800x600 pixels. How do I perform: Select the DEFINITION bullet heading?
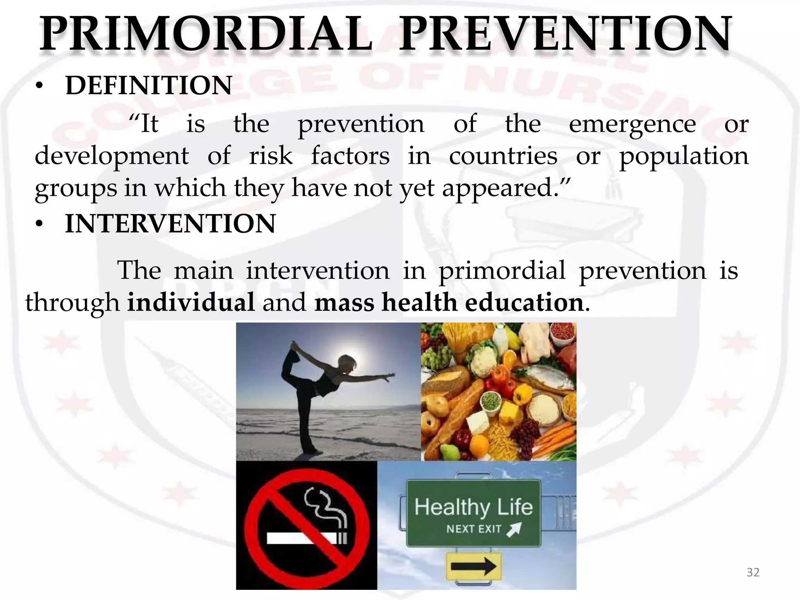(149, 86)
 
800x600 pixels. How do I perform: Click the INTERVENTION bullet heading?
(170, 224)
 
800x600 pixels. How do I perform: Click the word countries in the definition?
(503, 156)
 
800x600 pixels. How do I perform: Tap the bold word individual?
(191, 303)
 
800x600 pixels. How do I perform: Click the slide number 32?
(753, 573)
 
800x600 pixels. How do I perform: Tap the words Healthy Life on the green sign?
(473, 507)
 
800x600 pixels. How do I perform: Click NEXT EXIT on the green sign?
(473, 529)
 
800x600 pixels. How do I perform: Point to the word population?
(684, 156)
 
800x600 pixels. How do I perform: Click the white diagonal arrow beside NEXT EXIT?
(514, 529)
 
